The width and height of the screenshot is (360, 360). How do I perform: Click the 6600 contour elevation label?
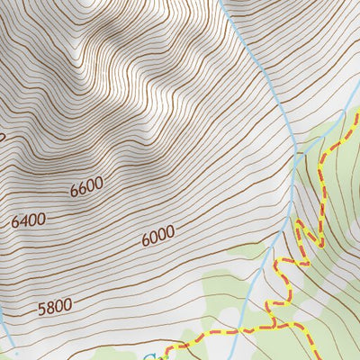tap(86, 187)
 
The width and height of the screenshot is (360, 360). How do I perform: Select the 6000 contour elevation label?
tap(157, 235)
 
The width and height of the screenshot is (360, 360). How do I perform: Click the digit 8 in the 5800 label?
tap(49, 309)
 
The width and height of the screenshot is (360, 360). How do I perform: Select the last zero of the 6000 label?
tap(169, 230)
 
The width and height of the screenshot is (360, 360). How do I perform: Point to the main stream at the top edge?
tap(220, 3)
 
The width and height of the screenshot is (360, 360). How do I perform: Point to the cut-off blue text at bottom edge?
tap(148, 356)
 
